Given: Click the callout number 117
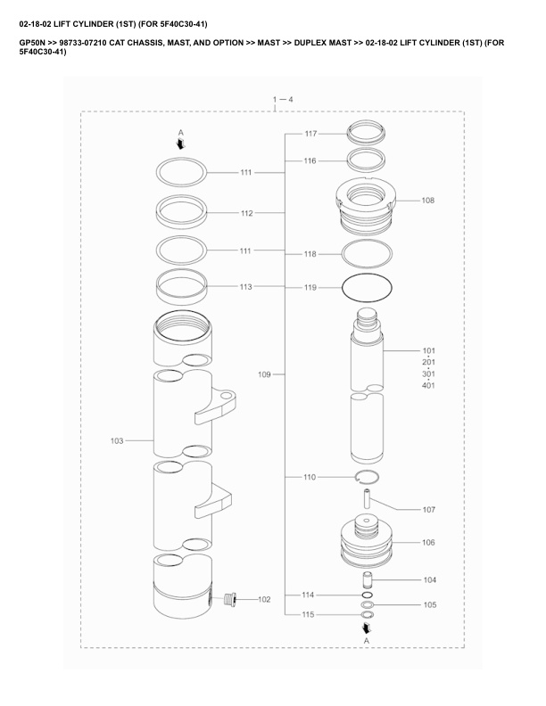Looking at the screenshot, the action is point(310,134).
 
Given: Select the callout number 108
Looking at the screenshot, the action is point(428,201).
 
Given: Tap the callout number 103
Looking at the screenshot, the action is point(117,440).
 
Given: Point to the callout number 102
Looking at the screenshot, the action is point(264,599).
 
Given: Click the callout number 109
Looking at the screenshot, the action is point(264,374).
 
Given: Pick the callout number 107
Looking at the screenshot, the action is point(429,510).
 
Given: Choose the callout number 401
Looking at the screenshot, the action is point(429,385).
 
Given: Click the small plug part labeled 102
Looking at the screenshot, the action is point(230,599).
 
